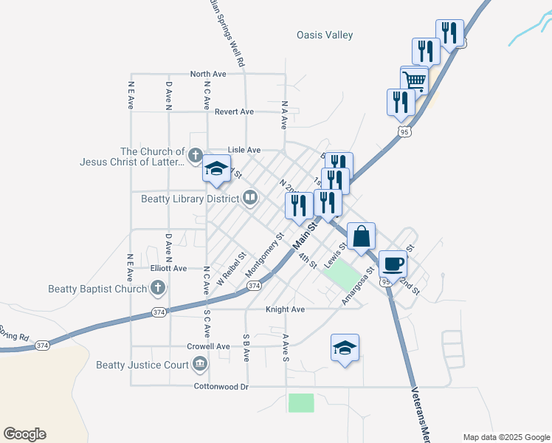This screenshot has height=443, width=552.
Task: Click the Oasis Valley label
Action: tap(325, 35)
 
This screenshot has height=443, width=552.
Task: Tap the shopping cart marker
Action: tap(415, 80)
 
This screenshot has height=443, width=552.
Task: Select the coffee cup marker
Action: tap(393, 263)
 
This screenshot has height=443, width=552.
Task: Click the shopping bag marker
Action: tap(362, 236)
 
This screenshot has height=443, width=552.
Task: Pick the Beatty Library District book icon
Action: tap(251, 198)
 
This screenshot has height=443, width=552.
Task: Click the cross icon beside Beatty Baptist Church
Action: tap(157, 288)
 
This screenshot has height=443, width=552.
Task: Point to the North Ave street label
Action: tap(207, 74)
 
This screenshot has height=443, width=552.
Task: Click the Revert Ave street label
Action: tap(234, 111)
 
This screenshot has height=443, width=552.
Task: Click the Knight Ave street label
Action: tap(285, 309)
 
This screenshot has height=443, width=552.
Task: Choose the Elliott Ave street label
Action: tap(169, 269)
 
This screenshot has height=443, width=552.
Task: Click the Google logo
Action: tap(24, 434)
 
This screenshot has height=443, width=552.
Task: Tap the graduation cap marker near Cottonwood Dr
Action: tap(345, 348)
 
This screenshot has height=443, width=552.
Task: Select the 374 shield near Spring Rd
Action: tap(42, 345)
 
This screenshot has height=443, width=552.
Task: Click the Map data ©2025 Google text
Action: tap(506, 437)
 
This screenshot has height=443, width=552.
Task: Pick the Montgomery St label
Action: tap(265, 252)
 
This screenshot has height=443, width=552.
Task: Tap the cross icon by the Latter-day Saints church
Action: tap(195, 155)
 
